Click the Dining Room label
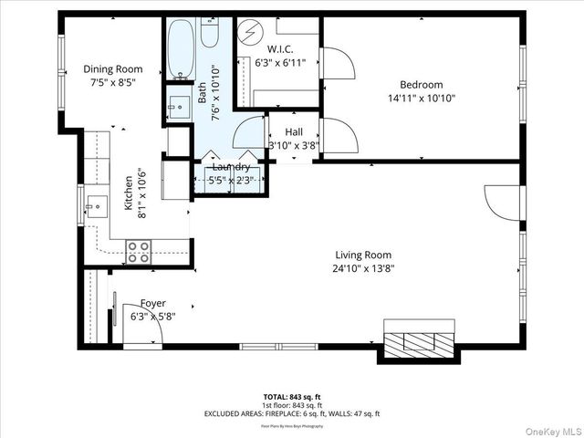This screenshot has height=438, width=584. tap(113, 68)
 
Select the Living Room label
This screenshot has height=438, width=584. tap(362, 255)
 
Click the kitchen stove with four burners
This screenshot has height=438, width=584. tap(139, 251)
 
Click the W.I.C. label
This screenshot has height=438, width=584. tap(279, 48)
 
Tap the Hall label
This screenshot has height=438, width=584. tap(293, 132)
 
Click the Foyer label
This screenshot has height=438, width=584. tap(152, 304)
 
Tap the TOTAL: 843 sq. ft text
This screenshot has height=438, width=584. tap(292, 396)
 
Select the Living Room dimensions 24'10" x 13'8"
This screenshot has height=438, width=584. tap(362, 268)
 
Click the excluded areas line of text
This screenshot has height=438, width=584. tap(292, 413)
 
